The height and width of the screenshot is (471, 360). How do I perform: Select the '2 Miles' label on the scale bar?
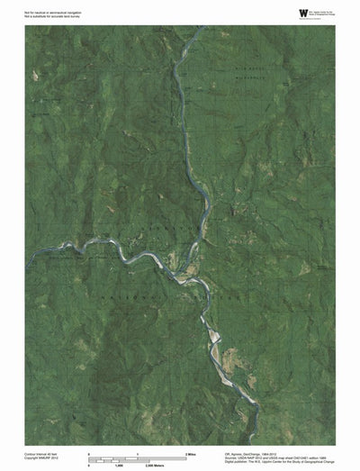(x=192, y=452)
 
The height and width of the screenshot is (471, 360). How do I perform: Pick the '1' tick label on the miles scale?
(x=138, y=452)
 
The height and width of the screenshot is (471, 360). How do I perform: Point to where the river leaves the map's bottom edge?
(x=257, y=443)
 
